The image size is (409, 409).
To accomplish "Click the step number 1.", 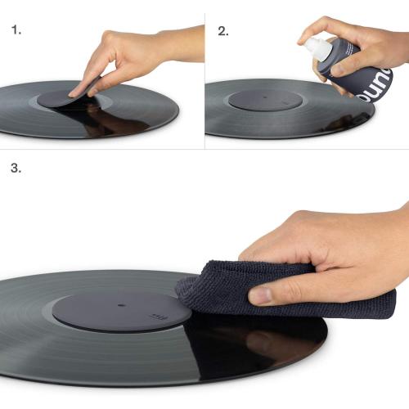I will (16, 31).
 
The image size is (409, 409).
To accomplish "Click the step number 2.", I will (222, 31).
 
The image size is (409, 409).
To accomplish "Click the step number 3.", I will (16, 169).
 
